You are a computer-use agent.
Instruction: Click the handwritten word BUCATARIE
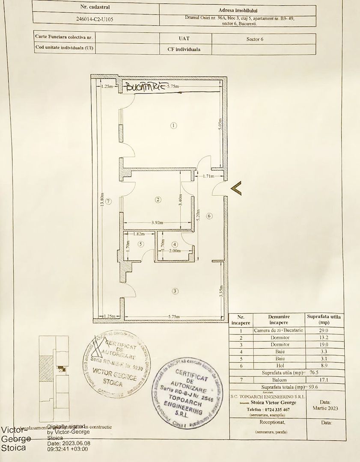coord(145,86)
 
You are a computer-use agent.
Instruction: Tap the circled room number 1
coord(173,126)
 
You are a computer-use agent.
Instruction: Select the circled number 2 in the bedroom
coord(158,199)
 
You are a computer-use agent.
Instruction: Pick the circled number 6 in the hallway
coord(209,216)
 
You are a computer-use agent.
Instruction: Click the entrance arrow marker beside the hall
coord(236,188)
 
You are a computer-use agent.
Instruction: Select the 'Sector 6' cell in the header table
coord(255,38)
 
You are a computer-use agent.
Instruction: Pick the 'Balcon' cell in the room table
coord(279,379)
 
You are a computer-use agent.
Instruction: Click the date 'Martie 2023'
coord(325,408)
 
